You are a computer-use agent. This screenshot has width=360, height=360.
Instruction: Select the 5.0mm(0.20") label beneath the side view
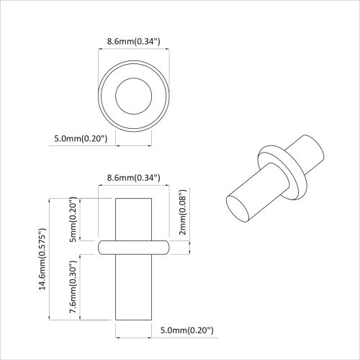[186, 330]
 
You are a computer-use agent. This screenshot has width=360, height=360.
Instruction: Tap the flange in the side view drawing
[133, 247]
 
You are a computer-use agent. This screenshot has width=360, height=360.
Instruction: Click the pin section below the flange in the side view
[133, 288]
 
